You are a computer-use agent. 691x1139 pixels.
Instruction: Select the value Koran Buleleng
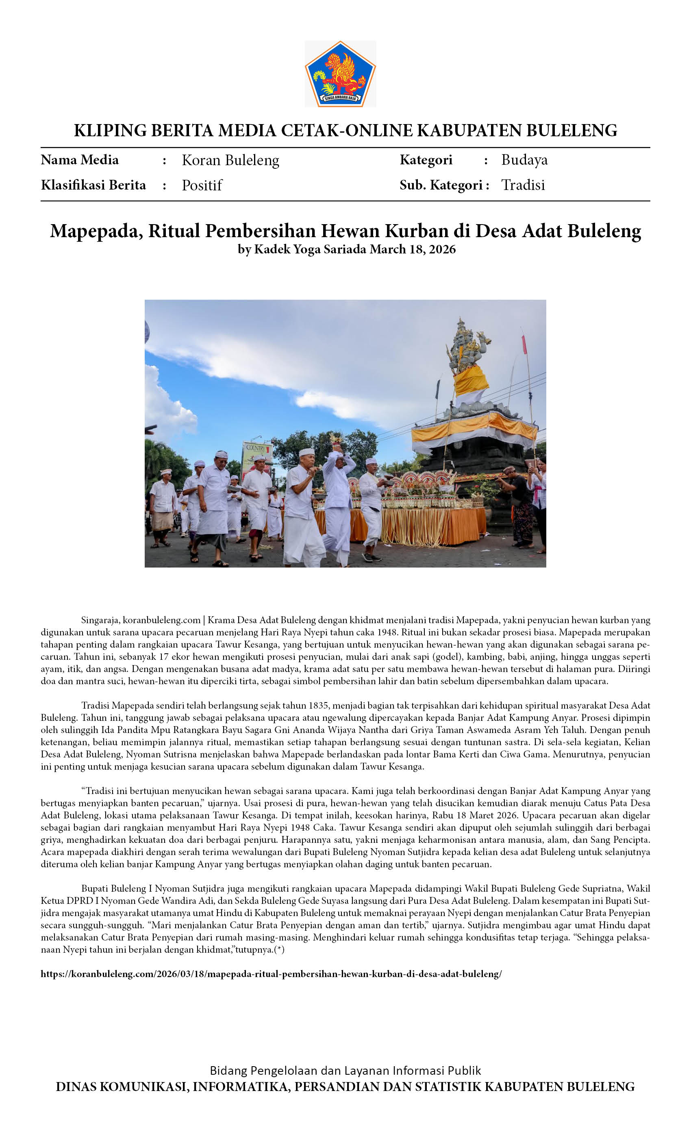[x=230, y=160]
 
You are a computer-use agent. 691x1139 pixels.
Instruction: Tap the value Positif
[x=202, y=185]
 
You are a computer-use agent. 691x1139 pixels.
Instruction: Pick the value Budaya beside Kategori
[x=524, y=160]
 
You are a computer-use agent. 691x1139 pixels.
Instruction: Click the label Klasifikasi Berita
[x=93, y=185]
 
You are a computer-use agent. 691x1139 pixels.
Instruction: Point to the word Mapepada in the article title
[x=96, y=231]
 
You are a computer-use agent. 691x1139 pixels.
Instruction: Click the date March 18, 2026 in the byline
[x=413, y=250]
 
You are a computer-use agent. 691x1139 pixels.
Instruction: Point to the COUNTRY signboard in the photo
[x=255, y=449]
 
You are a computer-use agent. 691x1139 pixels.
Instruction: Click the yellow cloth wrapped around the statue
[x=470, y=382]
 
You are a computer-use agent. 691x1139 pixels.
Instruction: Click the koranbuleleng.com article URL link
[x=271, y=974]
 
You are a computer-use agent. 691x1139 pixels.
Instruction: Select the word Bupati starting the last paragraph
[x=96, y=888]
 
